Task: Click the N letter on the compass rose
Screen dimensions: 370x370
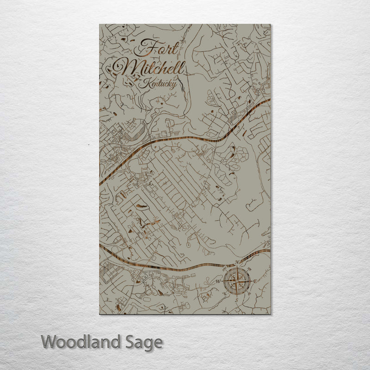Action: click(x=237, y=262)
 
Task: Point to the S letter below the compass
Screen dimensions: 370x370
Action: click(x=236, y=300)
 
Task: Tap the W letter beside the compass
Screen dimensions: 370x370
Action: click(x=218, y=281)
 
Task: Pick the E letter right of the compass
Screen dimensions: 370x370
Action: click(x=255, y=281)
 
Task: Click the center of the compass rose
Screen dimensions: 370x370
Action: click(x=237, y=281)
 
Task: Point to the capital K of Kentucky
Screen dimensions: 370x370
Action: click(x=147, y=83)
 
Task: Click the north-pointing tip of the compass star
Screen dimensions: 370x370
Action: click(x=237, y=266)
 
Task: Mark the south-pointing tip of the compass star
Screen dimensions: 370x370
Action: click(x=237, y=296)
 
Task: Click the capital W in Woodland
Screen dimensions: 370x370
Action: click(x=48, y=343)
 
